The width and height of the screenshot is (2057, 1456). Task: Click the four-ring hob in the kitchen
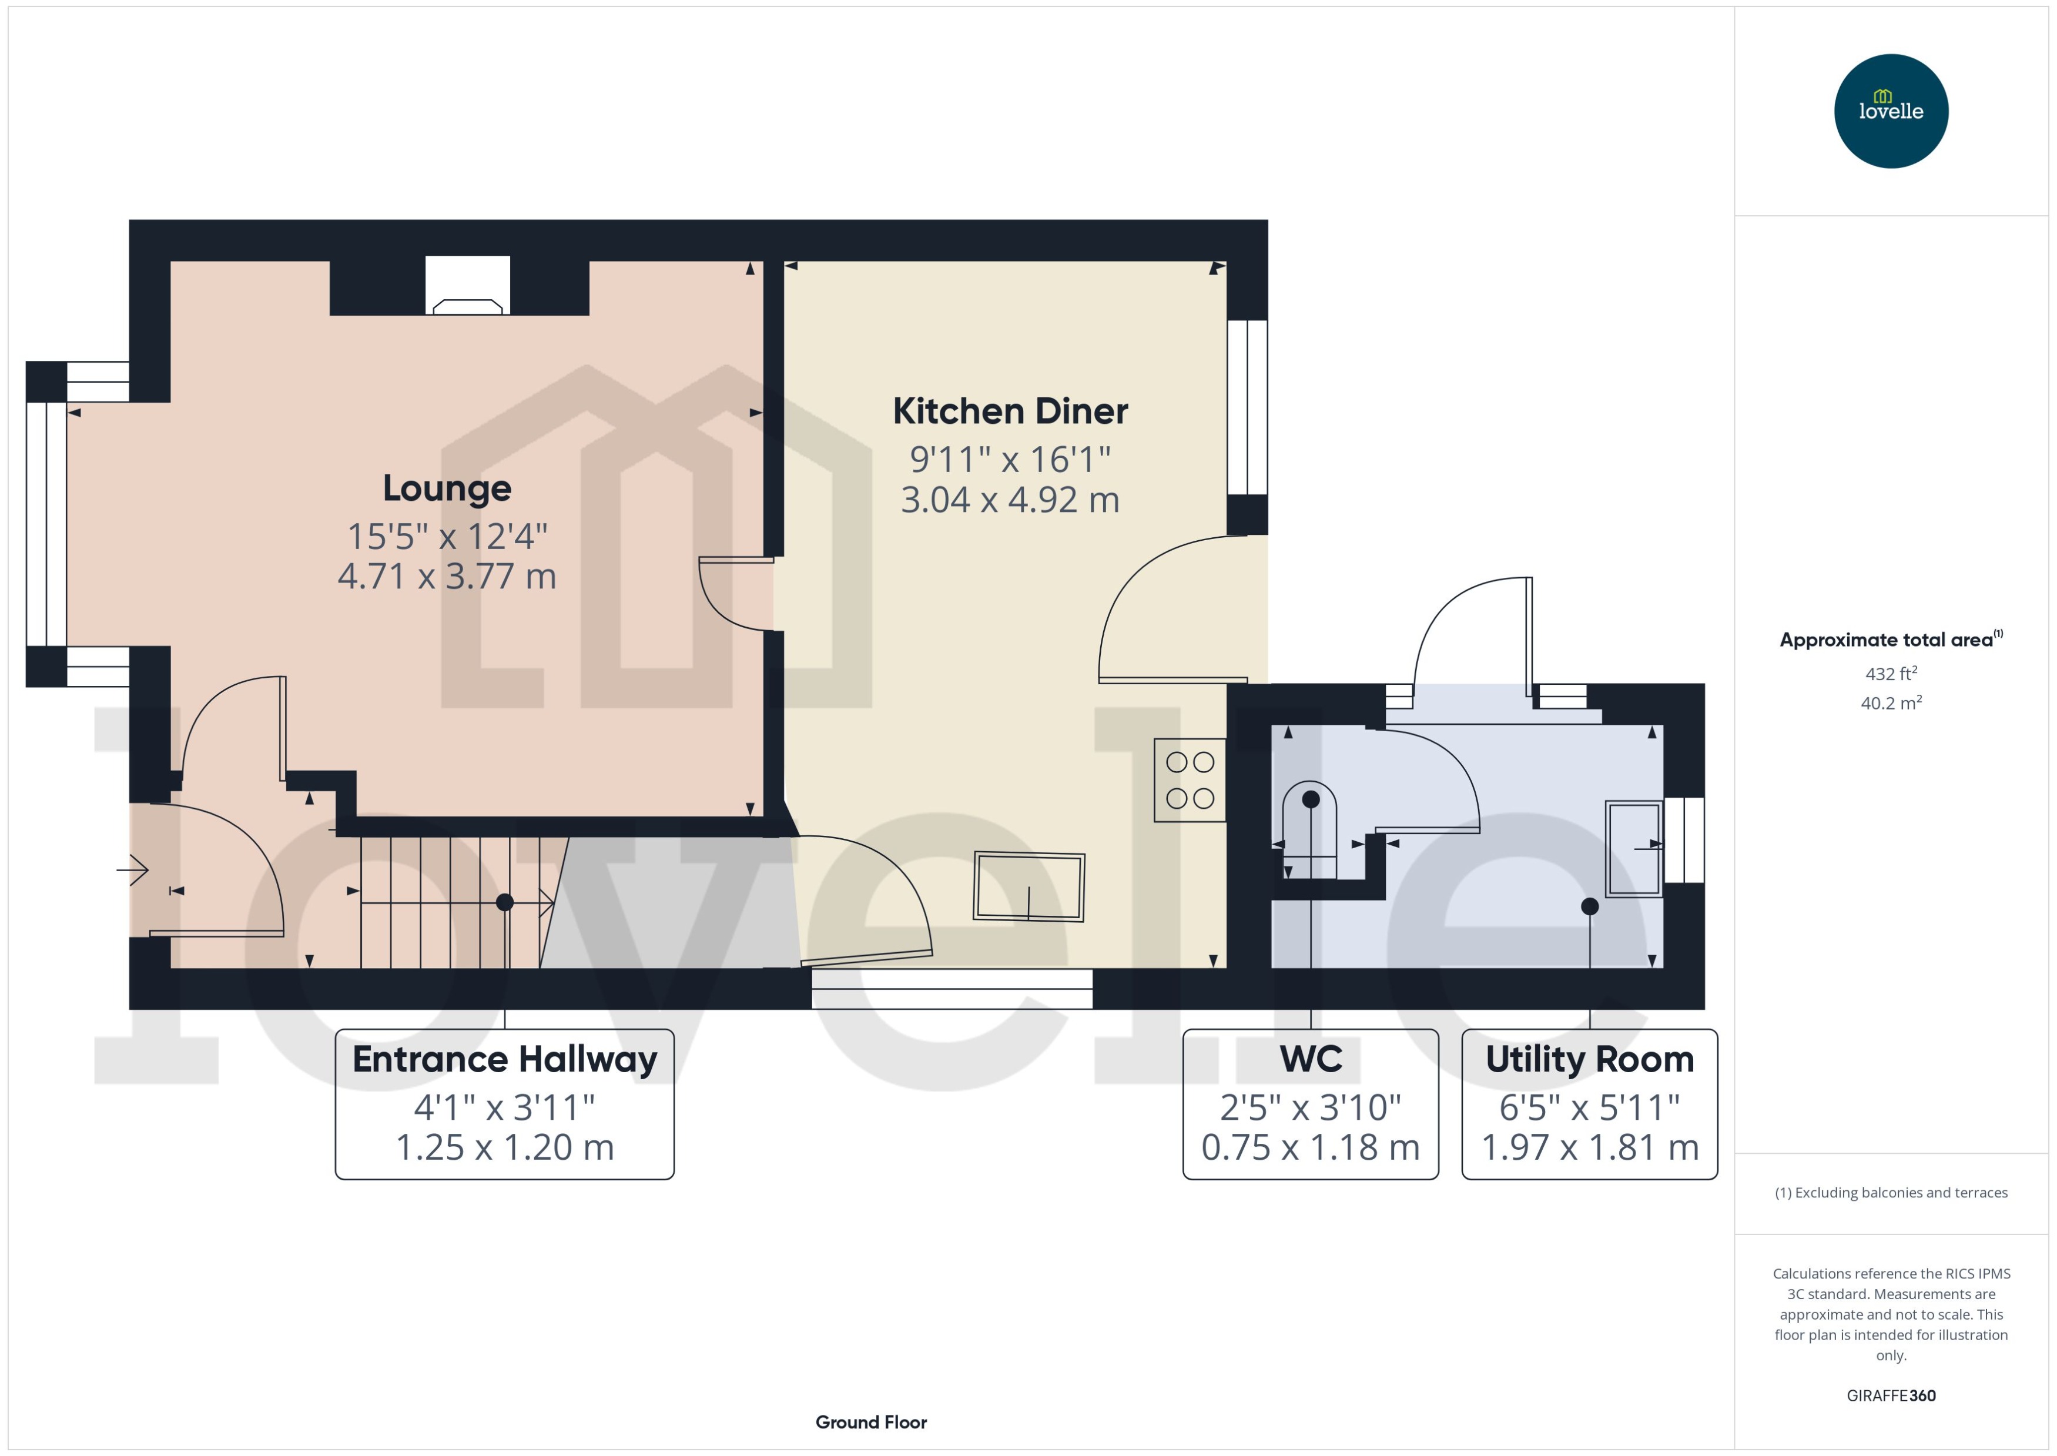click(1190, 780)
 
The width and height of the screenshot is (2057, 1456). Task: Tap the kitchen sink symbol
click(1029, 886)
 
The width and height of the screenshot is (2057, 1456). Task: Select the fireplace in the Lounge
click(467, 287)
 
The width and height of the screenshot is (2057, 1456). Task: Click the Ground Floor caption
click(870, 1422)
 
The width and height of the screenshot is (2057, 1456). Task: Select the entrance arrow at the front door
click(133, 869)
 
